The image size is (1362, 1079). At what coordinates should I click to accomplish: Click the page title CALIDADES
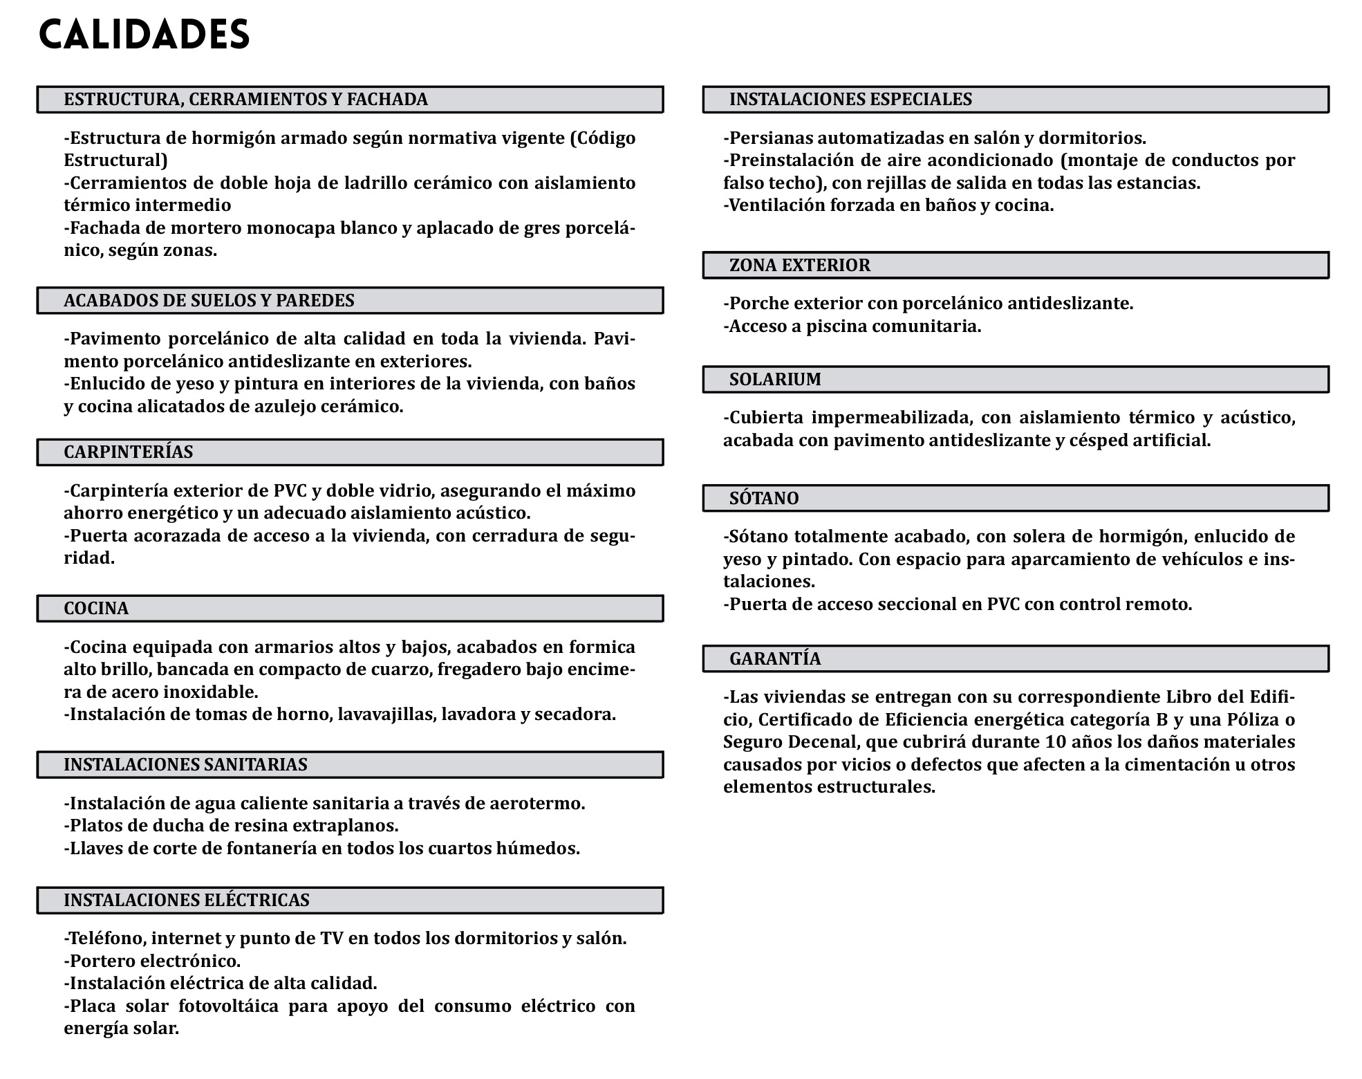pos(144,35)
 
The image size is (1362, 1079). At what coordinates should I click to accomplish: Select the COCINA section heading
pos(96,609)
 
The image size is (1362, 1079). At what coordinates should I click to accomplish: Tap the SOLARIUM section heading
pos(775,380)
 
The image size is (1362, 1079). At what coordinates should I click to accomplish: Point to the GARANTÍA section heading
pos(775,658)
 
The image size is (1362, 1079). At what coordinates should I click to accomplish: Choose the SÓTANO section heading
pos(764,499)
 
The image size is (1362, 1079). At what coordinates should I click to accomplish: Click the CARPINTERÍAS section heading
pos(129,452)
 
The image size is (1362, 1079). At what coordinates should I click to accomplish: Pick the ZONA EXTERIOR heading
pos(800,266)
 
